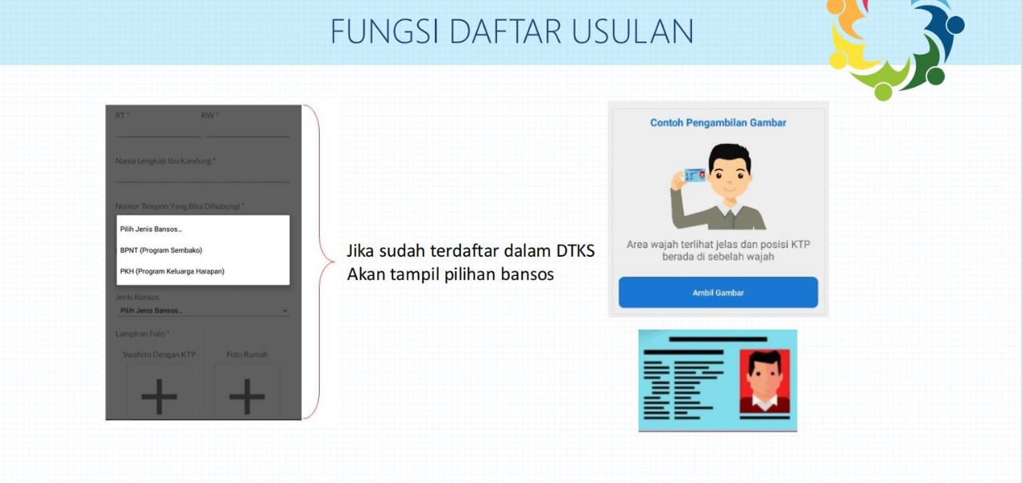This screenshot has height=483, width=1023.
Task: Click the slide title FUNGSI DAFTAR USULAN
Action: click(511, 31)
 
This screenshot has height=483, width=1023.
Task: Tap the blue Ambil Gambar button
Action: click(718, 293)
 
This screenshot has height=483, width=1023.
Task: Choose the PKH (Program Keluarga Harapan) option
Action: click(172, 271)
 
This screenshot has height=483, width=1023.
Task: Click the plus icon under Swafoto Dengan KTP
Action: click(159, 396)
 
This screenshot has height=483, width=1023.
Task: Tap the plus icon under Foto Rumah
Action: click(247, 396)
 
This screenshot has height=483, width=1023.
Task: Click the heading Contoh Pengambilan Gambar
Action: click(718, 122)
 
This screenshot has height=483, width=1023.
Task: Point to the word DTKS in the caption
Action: click(575, 251)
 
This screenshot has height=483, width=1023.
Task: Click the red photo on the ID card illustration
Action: click(764, 381)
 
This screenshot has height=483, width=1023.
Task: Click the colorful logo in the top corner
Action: click(895, 44)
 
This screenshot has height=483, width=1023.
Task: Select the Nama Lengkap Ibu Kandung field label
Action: click(165, 161)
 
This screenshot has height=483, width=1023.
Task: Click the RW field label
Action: click(210, 115)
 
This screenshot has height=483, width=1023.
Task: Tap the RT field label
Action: click(121, 115)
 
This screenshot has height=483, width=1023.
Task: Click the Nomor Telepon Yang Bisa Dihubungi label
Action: click(179, 206)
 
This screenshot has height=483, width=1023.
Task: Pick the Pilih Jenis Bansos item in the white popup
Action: click(151, 230)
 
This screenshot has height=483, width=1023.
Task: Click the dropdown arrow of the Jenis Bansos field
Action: click(285, 311)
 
